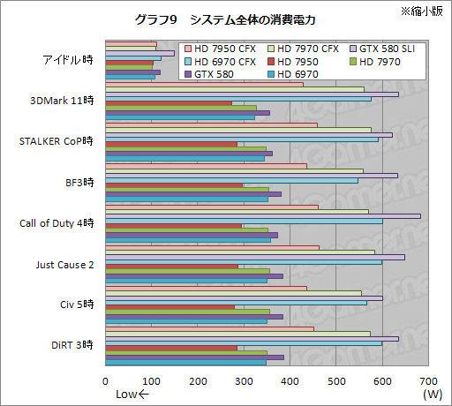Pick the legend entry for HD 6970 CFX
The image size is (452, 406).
[223, 62]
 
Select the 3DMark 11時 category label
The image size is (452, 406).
[62, 100]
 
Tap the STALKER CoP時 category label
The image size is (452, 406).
[56, 140]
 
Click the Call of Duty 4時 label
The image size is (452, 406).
[56, 222]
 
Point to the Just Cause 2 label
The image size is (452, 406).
[64, 264]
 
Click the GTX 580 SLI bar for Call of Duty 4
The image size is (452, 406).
[263, 215]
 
